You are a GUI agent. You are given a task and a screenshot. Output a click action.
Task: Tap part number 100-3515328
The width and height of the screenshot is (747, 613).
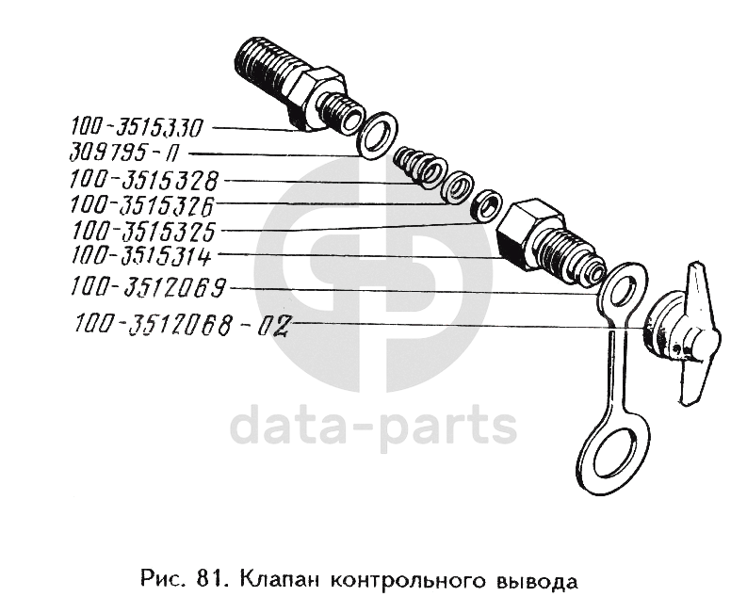pos(144,181)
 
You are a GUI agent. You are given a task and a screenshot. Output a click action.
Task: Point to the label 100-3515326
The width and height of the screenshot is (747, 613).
pos(142,205)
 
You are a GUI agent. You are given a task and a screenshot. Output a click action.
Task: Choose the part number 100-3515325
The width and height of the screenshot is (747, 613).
pos(143,231)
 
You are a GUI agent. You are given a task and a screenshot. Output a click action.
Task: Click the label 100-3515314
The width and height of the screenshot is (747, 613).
pos(141,256)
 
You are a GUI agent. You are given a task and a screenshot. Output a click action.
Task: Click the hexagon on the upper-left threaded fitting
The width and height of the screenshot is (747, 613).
pos(317,99)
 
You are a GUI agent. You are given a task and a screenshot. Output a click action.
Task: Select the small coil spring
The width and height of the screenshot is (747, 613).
pos(418,168)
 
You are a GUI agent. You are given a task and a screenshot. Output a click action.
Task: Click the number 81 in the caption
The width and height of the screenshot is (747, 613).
pos(205,580)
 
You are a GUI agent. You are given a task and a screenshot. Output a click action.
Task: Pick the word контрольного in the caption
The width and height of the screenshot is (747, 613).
pos(409,581)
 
